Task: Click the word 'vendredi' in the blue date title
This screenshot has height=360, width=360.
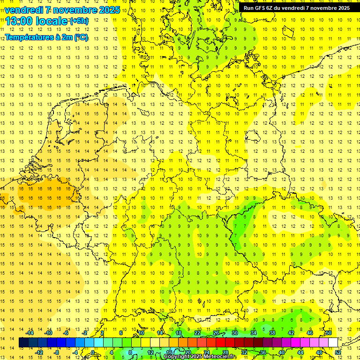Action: click(24, 10)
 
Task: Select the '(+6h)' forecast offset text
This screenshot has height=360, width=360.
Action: click(78, 21)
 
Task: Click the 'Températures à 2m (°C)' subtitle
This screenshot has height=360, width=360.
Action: click(46, 37)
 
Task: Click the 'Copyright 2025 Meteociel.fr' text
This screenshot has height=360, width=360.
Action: click(200, 357)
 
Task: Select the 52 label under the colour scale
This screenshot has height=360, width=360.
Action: click(337, 352)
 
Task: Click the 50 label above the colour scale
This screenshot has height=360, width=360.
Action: click(328, 333)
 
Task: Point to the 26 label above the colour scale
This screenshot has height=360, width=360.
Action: click(216, 333)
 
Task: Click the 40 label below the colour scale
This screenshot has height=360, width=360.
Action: click(281, 352)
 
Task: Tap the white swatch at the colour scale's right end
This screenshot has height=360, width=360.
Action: click(333, 343)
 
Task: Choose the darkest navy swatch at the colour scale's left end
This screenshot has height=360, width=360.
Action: click(23, 343)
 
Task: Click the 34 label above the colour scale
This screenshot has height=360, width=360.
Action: click(253, 333)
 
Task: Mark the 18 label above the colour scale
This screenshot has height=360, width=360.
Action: click(179, 333)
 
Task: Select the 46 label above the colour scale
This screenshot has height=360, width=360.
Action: click(309, 333)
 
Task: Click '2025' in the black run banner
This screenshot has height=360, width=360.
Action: click(342, 8)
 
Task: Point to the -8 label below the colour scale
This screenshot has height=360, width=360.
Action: click(57, 352)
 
